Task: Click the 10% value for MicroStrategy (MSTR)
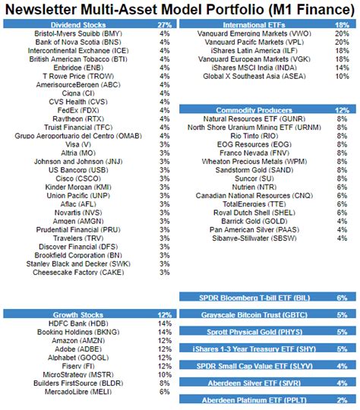164,374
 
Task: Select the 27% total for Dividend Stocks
163,24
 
